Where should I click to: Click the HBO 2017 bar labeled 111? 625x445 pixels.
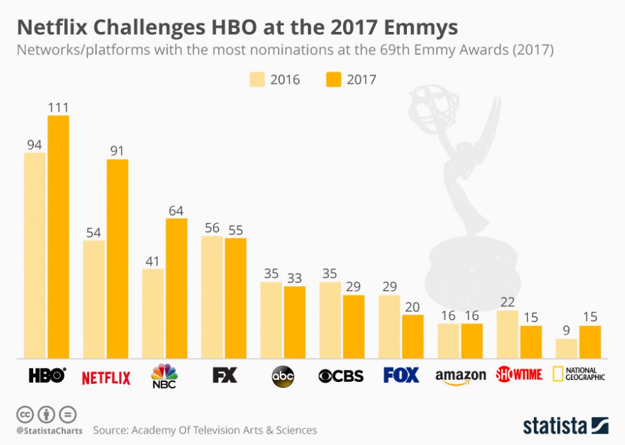58,236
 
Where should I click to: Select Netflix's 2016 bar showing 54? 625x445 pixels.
94,299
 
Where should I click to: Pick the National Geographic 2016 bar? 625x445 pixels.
566,349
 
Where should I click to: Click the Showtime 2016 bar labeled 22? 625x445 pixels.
507,334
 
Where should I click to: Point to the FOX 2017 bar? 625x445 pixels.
412,337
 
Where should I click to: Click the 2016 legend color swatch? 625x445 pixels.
257,80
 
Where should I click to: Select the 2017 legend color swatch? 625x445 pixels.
333,80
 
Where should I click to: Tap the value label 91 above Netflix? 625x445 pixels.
117,151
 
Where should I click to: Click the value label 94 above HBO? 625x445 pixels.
35,144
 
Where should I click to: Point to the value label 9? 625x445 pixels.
566,330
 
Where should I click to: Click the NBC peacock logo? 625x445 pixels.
165,375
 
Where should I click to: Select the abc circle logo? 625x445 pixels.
283,377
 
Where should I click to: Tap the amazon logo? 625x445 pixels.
460,377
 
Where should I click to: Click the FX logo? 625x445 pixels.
224,375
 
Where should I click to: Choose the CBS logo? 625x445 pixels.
341,376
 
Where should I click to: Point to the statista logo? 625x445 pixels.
565,425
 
